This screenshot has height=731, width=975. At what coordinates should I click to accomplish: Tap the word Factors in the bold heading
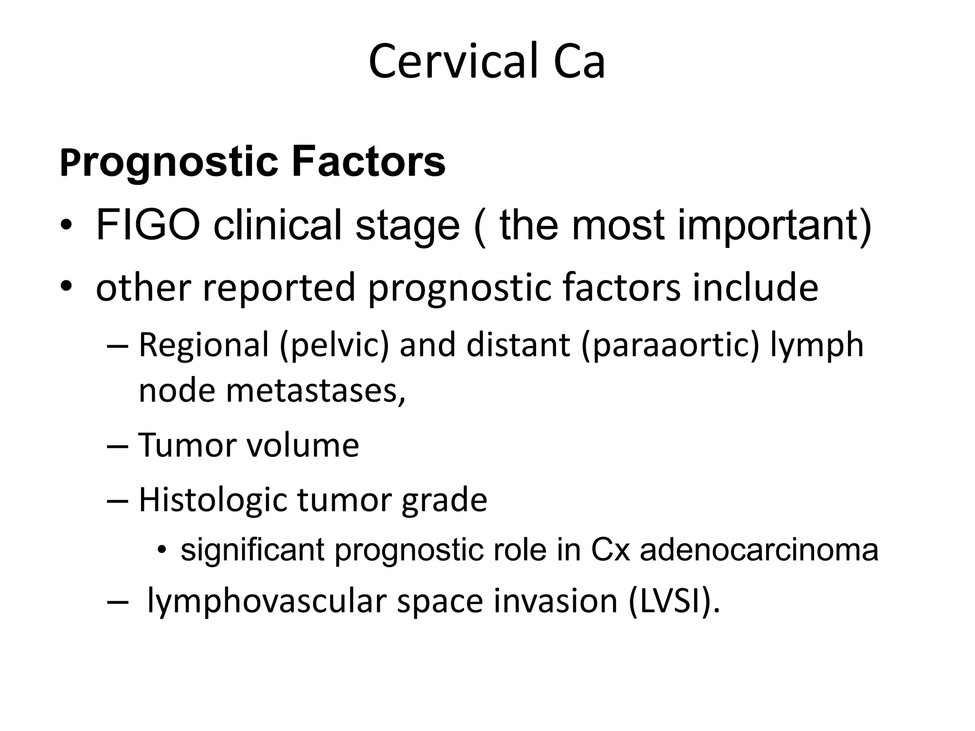[x=368, y=162]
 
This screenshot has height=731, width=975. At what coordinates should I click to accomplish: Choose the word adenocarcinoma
[x=759, y=550]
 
